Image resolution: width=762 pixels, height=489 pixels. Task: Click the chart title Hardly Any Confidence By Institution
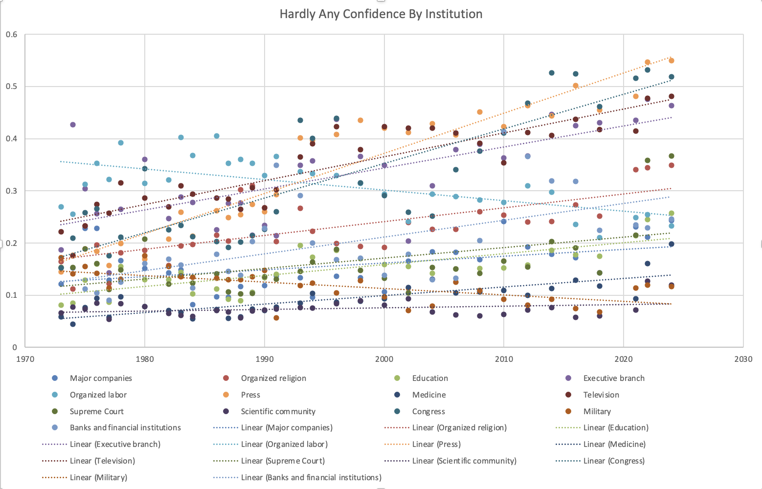tap(381, 14)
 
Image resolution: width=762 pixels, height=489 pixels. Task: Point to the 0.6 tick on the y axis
tap(12, 34)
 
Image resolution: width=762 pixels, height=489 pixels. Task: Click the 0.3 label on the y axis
tap(12, 191)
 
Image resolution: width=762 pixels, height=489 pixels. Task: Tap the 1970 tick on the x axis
tap(25, 359)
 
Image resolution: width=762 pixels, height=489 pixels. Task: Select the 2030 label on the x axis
tap(743, 359)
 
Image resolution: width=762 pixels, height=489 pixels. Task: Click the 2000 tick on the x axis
tap(384, 359)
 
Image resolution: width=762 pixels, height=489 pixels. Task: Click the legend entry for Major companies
tap(101, 378)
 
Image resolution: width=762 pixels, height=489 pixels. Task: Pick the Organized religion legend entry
tap(273, 378)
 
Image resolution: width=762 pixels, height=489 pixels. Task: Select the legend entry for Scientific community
tap(278, 411)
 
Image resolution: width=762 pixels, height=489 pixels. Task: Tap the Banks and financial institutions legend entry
tap(125, 427)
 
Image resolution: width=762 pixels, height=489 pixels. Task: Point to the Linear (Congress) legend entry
tap(614, 461)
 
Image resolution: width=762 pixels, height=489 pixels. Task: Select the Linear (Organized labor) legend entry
tap(284, 444)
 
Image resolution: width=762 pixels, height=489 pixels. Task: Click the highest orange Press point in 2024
tap(672, 61)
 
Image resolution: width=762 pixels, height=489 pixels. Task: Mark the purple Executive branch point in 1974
tap(73, 125)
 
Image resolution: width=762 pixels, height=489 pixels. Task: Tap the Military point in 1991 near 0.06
tap(276, 318)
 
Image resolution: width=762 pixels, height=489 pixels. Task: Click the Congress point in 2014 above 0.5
tap(552, 73)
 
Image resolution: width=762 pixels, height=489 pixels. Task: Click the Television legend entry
tap(601, 395)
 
